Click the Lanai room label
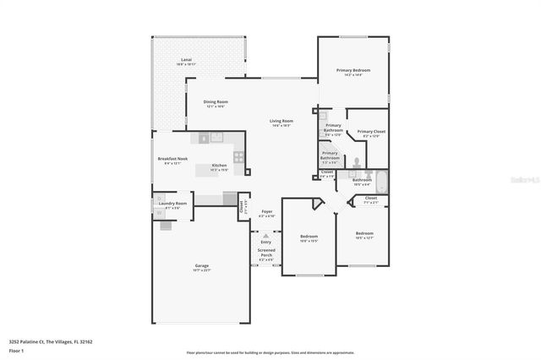click(x=186, y=60)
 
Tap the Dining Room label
click(x=215, y=102)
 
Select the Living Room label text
click(x=281, y=121)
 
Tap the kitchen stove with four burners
click(x=238, y=156)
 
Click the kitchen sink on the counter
click(x=216, y=136)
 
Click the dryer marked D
click(x=158, y=199)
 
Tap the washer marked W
click(x=158, y=212)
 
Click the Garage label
click(x=202, y=266)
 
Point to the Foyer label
click(x=266, y=211)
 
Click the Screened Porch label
click(x=266, y=253)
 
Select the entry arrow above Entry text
click(x=266, y=236)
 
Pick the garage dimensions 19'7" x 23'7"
click(x=202, y=271)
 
